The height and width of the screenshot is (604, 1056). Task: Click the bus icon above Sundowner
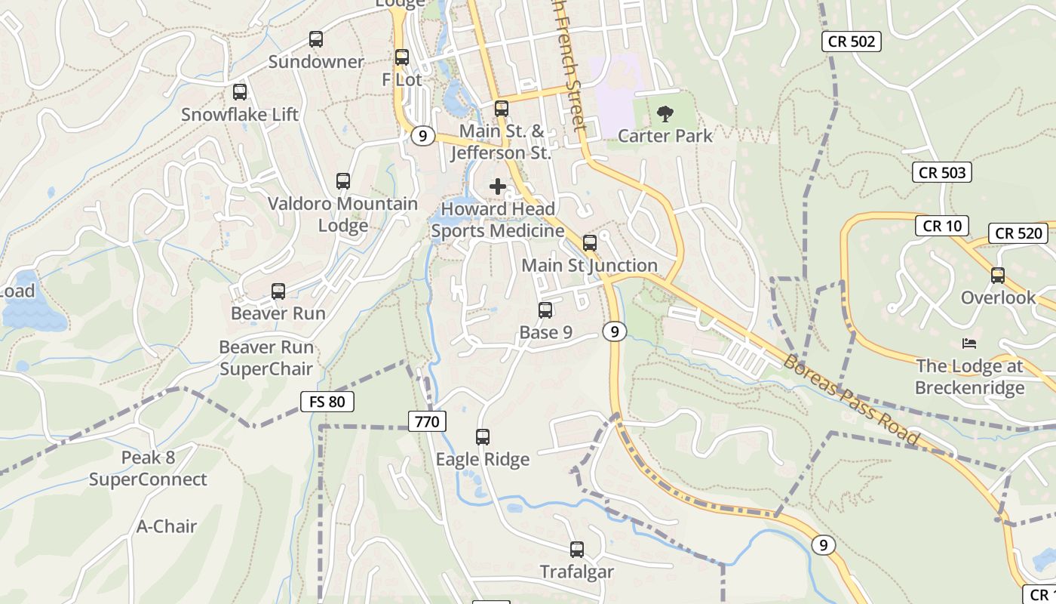coord(316,39)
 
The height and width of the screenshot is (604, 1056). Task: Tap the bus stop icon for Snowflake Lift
coord(240,92)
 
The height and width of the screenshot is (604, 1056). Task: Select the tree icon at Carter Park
coord(665,114)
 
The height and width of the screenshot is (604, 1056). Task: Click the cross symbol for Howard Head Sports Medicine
coord(498,186)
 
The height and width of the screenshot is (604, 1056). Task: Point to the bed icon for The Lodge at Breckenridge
coord(969,344)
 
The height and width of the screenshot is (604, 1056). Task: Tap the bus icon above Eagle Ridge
coord(483,436)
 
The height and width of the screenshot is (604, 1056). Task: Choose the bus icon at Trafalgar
coord(577,550)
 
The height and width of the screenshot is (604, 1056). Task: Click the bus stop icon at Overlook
coord(998,276)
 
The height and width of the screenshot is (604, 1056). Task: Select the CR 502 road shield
coord(852,42)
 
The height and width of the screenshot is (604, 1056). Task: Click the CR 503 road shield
coord(942,172)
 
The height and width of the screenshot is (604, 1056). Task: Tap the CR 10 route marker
coord(942,226)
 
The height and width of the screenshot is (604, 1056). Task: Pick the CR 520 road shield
coord(1018,233)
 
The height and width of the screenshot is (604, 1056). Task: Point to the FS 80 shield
coord(327,402)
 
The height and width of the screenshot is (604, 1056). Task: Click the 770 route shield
coord(427,421)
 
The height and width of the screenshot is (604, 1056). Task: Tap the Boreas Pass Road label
coord(852,399)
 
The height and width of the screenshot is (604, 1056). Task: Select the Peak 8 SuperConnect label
coord(148,469)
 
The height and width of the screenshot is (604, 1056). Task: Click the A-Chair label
coord(167,526)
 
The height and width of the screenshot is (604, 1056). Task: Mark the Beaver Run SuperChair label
coord(266,358)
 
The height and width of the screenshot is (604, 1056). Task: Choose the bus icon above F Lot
coord(402,57)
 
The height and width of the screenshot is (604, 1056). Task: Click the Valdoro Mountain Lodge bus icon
coord(343,181)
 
